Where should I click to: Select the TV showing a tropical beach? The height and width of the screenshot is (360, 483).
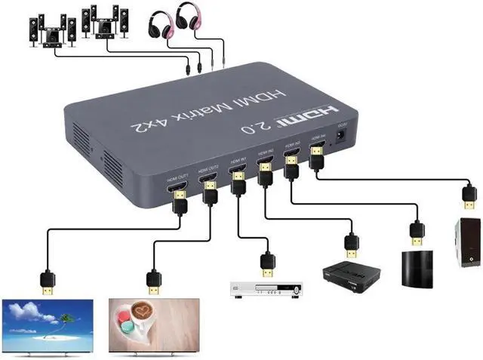[x=48, y=325]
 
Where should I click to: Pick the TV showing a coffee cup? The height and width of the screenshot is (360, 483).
[x=153, y=325]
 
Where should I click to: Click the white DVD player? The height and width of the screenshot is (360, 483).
[x=266, y=289]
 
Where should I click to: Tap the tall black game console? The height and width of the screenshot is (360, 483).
[x=415, y=267]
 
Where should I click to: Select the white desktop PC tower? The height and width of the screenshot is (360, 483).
[x=467, y=241]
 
